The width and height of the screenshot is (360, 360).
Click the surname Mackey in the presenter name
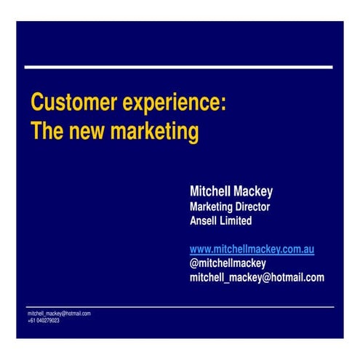253,192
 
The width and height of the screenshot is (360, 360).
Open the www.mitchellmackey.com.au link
252,249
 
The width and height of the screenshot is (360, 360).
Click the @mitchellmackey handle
228,263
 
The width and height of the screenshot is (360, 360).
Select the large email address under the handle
257,277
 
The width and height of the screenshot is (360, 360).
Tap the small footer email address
59,313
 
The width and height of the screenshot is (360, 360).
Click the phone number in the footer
48,320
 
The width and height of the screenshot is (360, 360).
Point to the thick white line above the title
179,67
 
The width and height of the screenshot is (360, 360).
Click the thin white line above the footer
179,307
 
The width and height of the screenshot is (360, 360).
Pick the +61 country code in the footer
31,320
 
